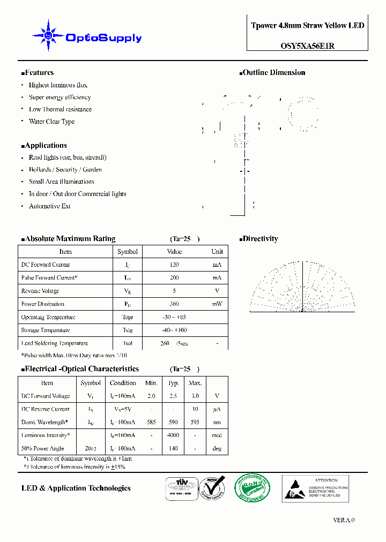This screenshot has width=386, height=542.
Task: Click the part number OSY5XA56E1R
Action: pos(308,46)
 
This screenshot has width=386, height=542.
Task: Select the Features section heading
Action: pos(38,73)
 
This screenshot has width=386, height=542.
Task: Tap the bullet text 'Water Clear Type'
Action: pos(51,122)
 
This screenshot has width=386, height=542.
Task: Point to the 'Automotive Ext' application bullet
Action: pos(49,206)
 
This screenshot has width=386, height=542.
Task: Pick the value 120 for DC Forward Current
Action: pos(174,265)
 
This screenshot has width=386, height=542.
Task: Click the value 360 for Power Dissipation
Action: pos(174,304)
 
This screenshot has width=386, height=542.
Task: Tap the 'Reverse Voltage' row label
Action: pos(40,291)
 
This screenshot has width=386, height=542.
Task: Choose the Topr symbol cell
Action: pos(127,317)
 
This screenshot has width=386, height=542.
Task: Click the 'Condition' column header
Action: pos(123,383)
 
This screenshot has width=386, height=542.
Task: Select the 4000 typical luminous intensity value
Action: pos(173,435)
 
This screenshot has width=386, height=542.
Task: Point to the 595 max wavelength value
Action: pos(195,422)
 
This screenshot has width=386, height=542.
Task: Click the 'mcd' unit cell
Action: pos(217,435)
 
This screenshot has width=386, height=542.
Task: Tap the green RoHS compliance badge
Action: pos(253,488)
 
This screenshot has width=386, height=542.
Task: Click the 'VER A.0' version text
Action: pos(344,520)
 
